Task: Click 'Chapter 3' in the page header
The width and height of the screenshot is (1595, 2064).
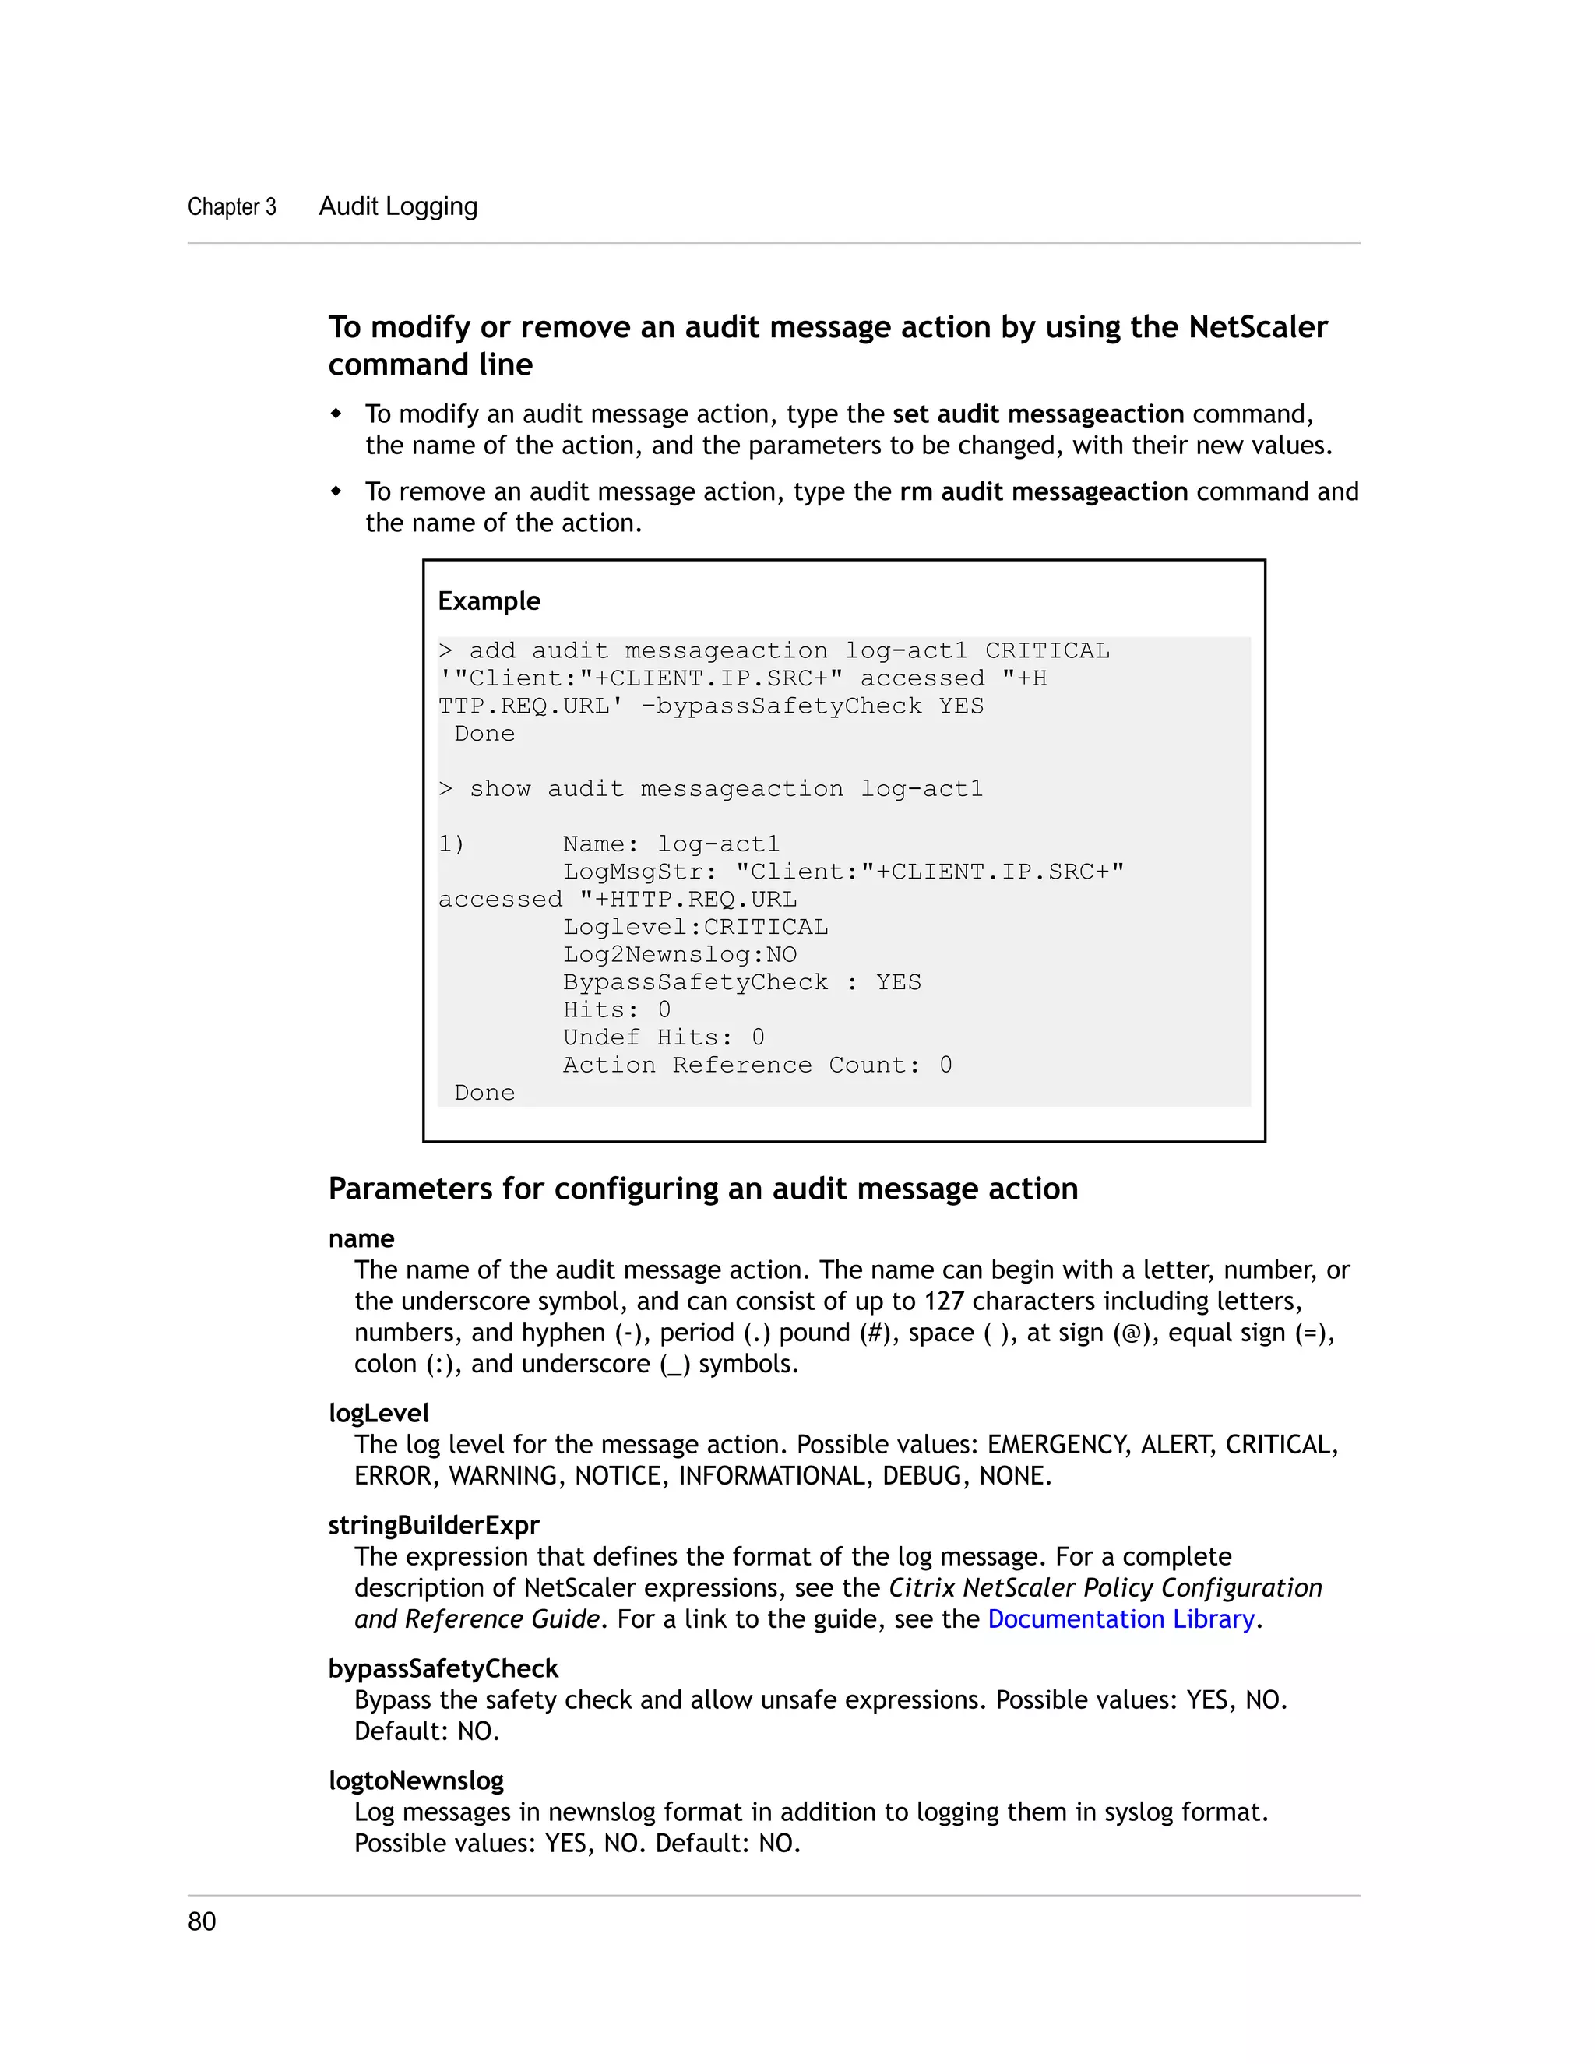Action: pyautogui.click(x=231, y=207)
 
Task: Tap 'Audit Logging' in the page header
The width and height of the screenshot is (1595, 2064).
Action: pyautogui.click(x=398, y=206)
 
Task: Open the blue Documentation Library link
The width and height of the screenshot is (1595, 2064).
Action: pyautogui.click(x=1121, y=1619)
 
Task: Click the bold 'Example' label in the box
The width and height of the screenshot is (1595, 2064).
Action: pyautogui.click(x=488, y=601)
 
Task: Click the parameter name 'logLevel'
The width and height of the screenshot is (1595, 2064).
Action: pyautogui.click(x=378, y=1413)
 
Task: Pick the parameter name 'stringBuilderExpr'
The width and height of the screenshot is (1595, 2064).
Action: pyautogui.click(x=434, y=1525)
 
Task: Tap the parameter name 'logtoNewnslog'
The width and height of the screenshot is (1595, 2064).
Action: pyautogui.click(x=416, y=1780)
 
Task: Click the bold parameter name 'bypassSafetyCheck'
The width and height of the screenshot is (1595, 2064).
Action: pyautogui.click(x=443, y=1668)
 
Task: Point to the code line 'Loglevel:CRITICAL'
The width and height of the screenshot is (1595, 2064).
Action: pyautogui.click(x=695, y=927)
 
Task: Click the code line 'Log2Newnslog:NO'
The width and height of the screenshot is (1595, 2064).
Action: pyautogui.click(x=679, y=955)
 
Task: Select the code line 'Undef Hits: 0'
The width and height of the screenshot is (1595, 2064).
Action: pyautogui.click(x=664, y=1037)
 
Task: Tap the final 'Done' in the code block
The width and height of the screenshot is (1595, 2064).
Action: pyautogui.click(x=484, y=1093)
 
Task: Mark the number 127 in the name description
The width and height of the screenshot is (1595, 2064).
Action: pyautogui.click(x=943, y=1301)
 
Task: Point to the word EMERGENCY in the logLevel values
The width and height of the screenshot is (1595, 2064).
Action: pyautogui.click(x=1058, y=1444)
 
